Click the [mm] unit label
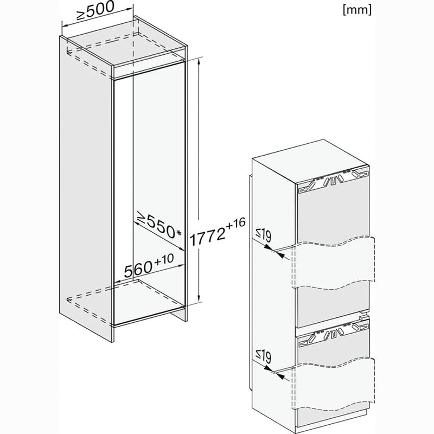coord(357,10)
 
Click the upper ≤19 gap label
coord(263,235)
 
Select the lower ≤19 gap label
coord(263,356)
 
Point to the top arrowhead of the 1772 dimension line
coord(199,61)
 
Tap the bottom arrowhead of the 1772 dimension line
coord(199,299)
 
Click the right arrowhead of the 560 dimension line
coord(181,265)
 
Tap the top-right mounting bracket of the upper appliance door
coord(360,174)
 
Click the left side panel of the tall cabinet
coord(86,188)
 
